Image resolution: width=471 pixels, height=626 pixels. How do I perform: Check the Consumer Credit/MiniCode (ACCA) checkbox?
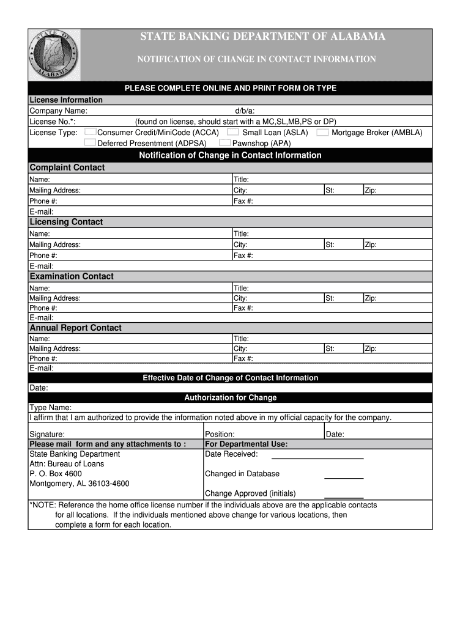(x=90, y=132)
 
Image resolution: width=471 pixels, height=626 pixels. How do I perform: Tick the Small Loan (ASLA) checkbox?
(x=232, y=132)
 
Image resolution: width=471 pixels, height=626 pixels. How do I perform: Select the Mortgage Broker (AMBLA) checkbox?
(x=322, y=132)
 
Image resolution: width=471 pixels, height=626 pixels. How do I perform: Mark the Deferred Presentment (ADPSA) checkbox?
(x=90, y=142)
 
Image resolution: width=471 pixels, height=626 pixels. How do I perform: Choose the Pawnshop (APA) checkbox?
(x=225, y=142)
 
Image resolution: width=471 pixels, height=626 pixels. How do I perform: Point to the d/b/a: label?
(x=245, y=111)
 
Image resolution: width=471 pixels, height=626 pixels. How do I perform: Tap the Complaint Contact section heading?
(x=67, y=168)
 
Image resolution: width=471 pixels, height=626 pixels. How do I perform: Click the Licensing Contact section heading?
(x=67, y=222)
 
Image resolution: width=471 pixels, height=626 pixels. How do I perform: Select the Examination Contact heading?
(x=72, y=276)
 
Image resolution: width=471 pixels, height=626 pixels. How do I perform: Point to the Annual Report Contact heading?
(x=76, y=328)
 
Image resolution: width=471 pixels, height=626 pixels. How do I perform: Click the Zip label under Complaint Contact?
(x=371, y=190)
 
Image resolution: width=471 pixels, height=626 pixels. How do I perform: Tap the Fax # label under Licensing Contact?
(x=243, y=256)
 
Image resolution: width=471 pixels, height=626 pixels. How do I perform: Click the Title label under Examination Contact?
(x=241, y=288)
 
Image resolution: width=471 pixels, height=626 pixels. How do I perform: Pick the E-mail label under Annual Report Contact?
(x=42, y=368)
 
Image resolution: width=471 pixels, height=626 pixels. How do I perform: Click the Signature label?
(x=47, y=434)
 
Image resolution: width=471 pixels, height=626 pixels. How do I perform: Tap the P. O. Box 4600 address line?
(x=56, y=474)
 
